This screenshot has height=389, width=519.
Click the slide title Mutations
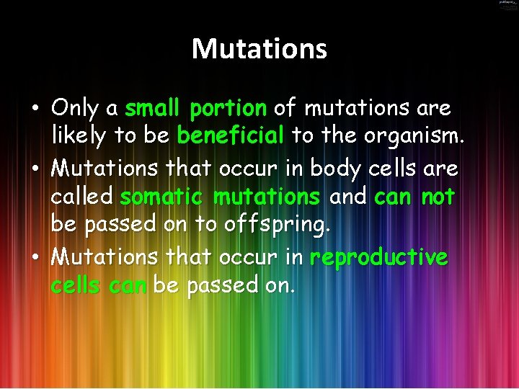click(259, 49)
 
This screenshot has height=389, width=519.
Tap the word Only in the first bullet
click(76, 109)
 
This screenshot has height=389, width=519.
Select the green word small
click(153, 109)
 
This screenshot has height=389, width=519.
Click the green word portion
click(228, 109)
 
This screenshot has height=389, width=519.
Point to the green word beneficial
click(231, 135)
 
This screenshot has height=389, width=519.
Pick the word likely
click(80, 136)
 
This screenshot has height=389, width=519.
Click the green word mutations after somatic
click(267, 196)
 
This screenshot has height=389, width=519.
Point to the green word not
click(438, 196)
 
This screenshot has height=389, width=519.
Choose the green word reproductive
click(378, 257)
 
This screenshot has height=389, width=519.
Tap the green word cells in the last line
click(76, 285)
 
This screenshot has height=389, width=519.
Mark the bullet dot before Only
click(35, 110)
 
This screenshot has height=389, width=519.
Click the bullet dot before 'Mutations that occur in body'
click(35, 169)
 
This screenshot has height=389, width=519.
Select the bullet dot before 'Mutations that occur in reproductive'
click(35, 258)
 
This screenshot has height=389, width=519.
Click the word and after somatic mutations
click(347, 196)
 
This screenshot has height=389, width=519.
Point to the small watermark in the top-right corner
click(507, 5)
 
